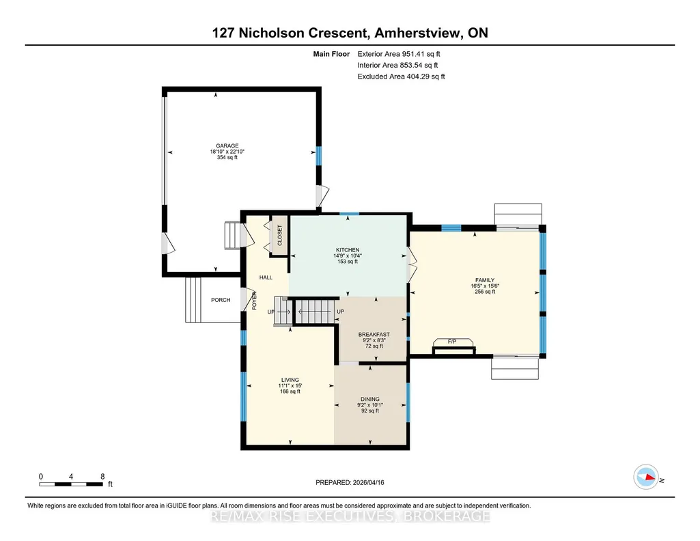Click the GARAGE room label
tap(227, 145)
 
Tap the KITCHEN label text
tap(348, 250)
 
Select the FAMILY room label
tap(485, 280)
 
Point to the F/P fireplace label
tap(452, 342)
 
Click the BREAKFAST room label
tap(374, 334)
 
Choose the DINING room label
tap(370, 400)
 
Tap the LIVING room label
tap(290, 380)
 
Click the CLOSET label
tap(280, 235)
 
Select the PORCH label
tap(221, 300)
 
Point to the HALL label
tap(266, 277)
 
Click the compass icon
tap(647, 477)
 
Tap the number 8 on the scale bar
tap(102, 476)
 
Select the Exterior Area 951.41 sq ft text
tap(399, 54)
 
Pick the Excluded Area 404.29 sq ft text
tap(401, 77)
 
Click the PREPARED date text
tap(350, 482)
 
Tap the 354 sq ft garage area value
tap(227, 157)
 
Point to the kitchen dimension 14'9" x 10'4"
tap(348, 255)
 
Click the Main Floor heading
tap(331, 54)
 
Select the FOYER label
tap(255, 301)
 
